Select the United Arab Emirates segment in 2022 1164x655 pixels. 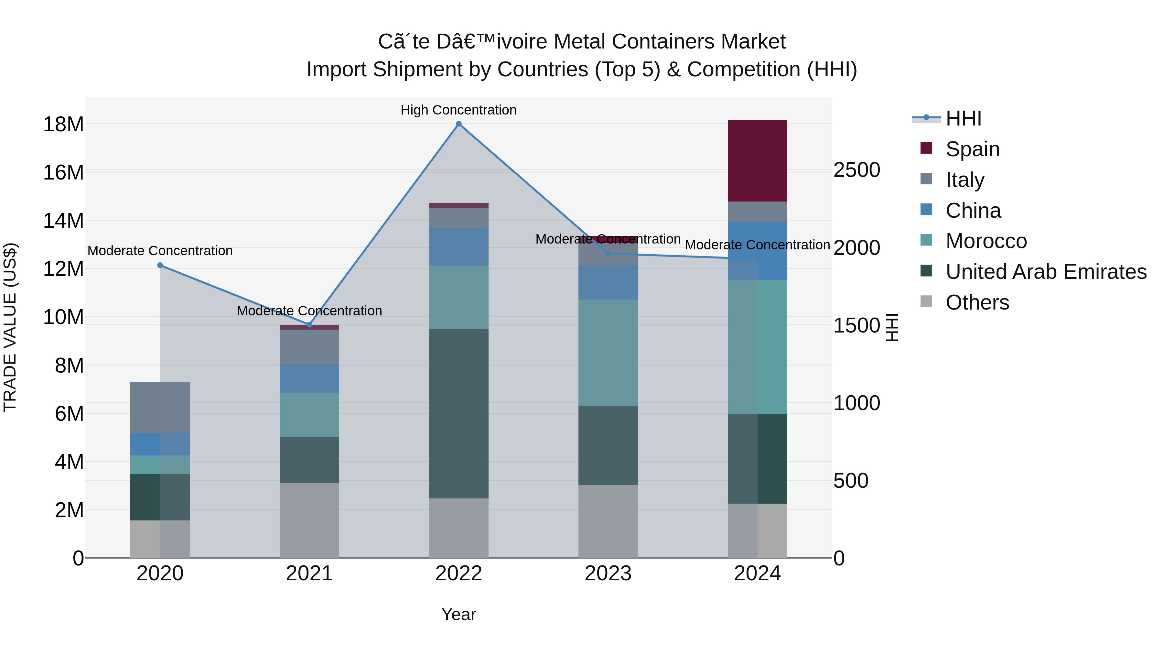click(x=458, y=414)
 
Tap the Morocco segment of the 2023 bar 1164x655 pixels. click(x=608, y=353)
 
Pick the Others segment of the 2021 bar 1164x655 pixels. click(x=309, y=520)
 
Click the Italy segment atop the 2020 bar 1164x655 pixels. click(x=160, y=407)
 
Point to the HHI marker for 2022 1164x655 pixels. click(x=458, y=124)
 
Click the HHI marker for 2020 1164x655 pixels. click(x=160, y=265)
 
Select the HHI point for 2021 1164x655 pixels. click(x=309, y=324)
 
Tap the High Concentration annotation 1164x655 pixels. click(x=458, y=110)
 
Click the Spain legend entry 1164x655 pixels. click(x=972, y=149)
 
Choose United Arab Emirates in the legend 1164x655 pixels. click(x=1046, y=272)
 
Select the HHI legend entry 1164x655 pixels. click(x=964, y=118)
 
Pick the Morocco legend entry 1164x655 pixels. click(x=986, y=241)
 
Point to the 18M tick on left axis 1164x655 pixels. click(x=63, y=124)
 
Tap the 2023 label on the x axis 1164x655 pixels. click(x=608, y=573)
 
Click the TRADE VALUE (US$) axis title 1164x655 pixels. click(x=10, y=327)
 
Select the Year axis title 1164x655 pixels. click(x=458, y=614)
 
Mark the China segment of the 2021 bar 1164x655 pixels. click(x=309, y=378)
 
